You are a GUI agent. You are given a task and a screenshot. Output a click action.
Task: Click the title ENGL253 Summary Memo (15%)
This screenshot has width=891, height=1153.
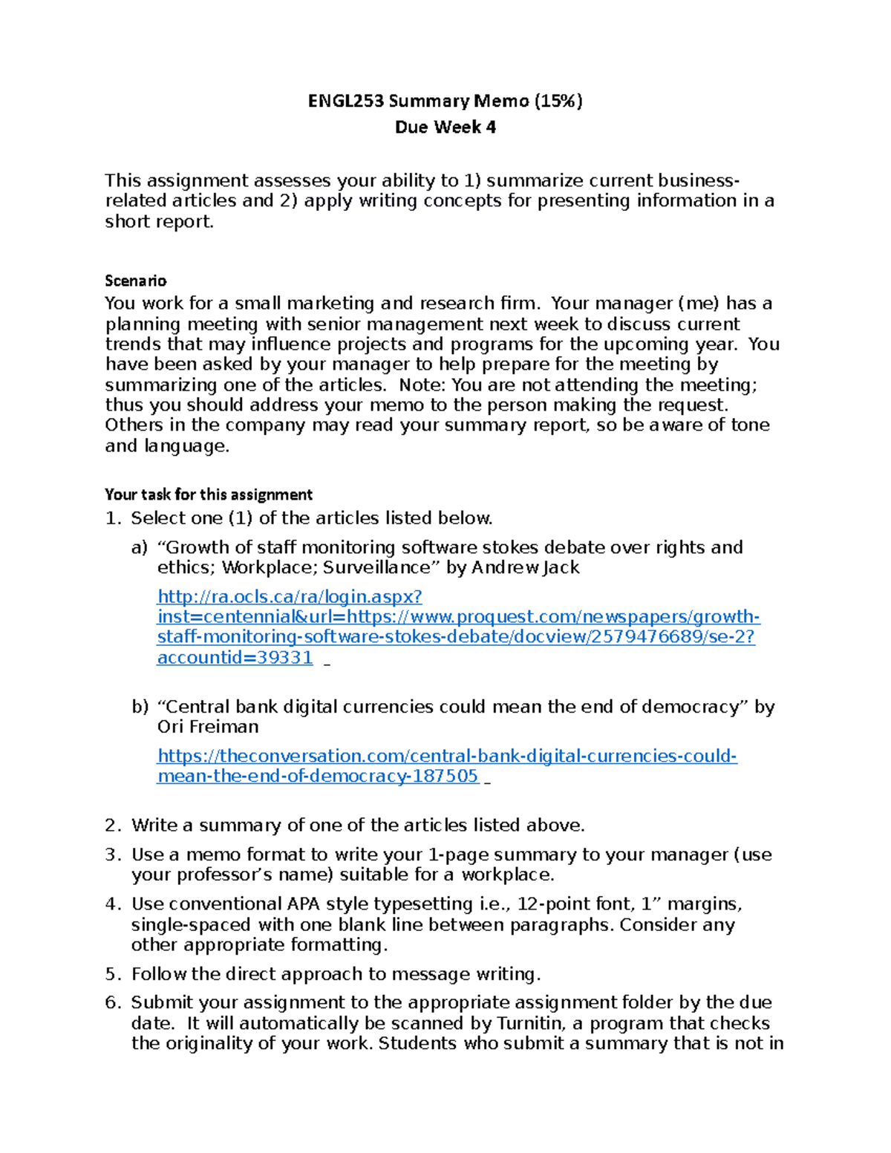coord(445,101)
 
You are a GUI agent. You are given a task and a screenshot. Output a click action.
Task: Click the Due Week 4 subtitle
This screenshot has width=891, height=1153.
coord(445,128)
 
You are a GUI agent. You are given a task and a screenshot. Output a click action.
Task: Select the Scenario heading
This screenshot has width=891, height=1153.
coord(135,281)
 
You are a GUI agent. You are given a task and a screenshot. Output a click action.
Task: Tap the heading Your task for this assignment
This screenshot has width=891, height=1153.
coord(208,494)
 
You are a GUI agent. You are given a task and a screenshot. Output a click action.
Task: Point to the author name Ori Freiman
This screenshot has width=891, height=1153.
coord(208,727)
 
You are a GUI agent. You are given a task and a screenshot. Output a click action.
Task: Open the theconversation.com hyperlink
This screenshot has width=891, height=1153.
coord(447,756)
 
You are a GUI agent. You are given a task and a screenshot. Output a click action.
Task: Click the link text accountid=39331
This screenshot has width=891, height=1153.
coord(235,658)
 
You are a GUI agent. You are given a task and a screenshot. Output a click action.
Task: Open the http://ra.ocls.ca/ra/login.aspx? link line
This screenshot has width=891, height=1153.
coord(290,597)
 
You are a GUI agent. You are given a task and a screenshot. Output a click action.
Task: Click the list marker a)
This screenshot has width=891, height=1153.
coord(140,548)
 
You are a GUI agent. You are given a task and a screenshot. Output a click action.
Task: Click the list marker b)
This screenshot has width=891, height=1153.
coord(140,707)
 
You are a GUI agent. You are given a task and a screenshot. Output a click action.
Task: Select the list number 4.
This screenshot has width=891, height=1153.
coord(112,904)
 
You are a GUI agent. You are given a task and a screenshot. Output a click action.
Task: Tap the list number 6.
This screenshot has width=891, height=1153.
coord(112,1003)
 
